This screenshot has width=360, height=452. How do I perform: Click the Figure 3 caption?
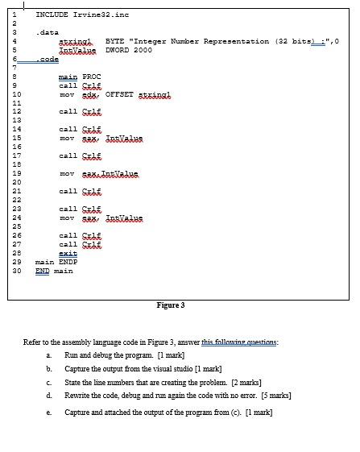click(x=171, y=305)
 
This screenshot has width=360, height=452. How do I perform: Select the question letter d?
click(x=50, y=396)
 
